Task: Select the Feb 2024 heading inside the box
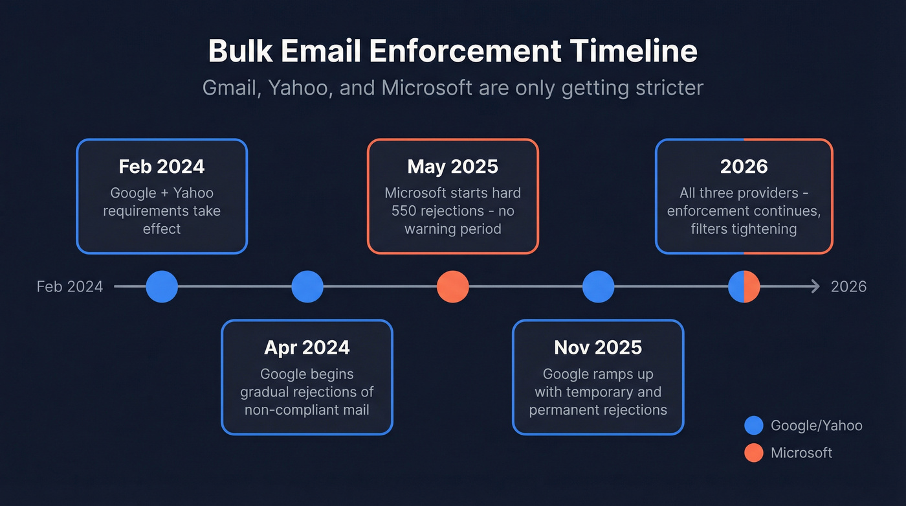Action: click(x=162, y=167)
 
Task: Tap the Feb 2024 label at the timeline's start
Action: click(x=70, y=286)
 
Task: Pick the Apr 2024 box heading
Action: click(x=307, y=347)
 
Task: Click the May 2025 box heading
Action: click(x=452, y=167)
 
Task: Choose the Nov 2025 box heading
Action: click(x=598, y=347)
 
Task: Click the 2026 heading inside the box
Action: click(x=744, y=167)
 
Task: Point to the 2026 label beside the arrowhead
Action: click(x=848, y=286)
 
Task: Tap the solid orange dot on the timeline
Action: click(x=452, y=286)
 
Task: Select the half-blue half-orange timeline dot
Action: click(x=744, y=286)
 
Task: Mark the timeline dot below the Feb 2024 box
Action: click(x=162, y=286)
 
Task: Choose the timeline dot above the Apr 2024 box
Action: click(x=307, y=286)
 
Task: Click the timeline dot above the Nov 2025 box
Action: click(x=598, y=286)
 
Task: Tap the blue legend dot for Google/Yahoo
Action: click(x=754, y=426)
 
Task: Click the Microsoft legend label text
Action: click(x=801, y=453)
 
